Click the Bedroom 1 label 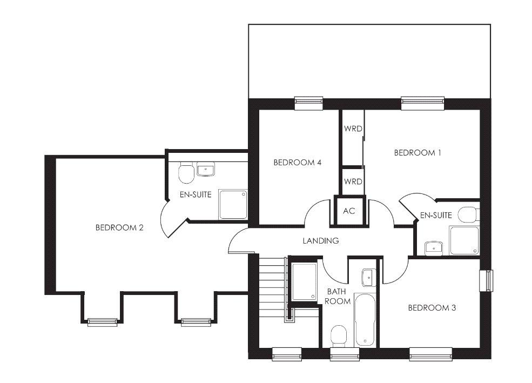pyautogui.click(x=417, y=153)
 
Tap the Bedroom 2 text pyautogui.click(x=119, y=227)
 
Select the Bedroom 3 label pyautogui.click(x=432, y=308)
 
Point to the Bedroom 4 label pyautogui.click(x=297, y=163)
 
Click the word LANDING pyautogui.click(x=321, y=241)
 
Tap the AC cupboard pyautogui.click(x=349, y=211)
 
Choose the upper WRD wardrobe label pyautogui.click(x=353, y=129)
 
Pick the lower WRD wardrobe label pyautogui.click(x=353, y=182)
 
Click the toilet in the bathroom pyautogui.click(x=338, y=336)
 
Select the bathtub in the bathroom pyautogui.click(x=365, y=320)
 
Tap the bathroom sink pyautogui.click(x=368, y=277)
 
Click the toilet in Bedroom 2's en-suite pyautogui.click(x=186, y=173)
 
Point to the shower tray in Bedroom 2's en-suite pyautogui.click(x=233, y=204)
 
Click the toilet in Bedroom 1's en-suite pyautogui.click(x=469, y=215)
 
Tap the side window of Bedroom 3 pyautogui.click(x=486, y=280)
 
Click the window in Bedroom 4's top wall pyautogui.click(x=308, y=103)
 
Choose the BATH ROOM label pyautogui.click(x=337, y=296)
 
